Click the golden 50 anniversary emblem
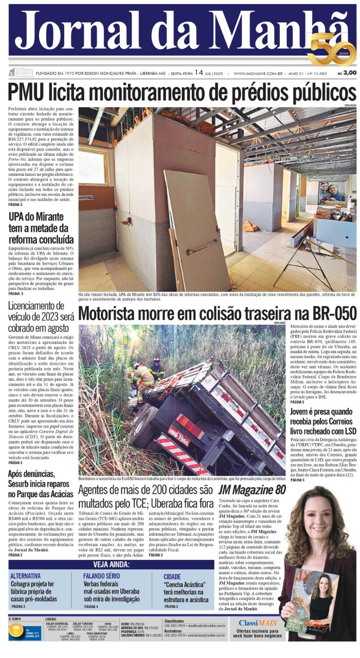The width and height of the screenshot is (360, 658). click(331, 49)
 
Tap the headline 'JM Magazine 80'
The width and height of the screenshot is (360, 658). click(251, 490)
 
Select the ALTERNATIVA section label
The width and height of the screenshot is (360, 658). click(25, 576)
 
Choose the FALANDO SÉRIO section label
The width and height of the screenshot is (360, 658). click(102, 576)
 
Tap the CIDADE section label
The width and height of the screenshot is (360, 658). click(172, 577)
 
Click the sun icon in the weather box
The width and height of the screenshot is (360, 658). click(16, 632)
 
